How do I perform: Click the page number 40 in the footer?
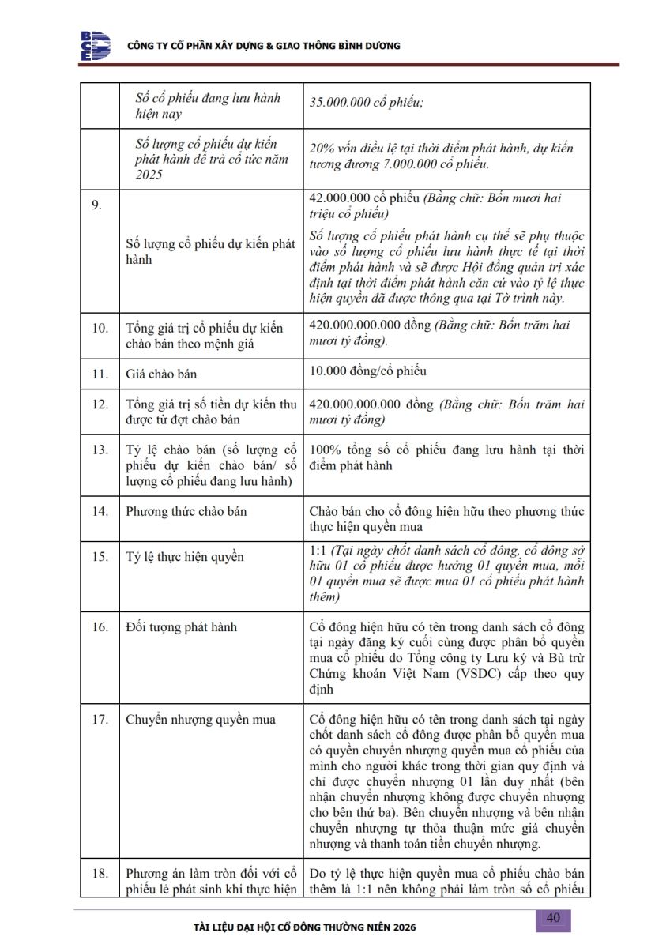pos(553,917)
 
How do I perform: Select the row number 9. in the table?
pos(97,205)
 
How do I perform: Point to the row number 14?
pos(100,511)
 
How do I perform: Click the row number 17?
pos(100,720)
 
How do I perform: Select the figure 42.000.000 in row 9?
pos(341,198)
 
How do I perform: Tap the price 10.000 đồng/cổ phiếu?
pos(368,371)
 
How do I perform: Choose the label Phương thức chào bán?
pos(186,511)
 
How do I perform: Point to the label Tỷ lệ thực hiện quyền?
pos(185,557)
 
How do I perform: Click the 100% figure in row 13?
pos(325,450)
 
